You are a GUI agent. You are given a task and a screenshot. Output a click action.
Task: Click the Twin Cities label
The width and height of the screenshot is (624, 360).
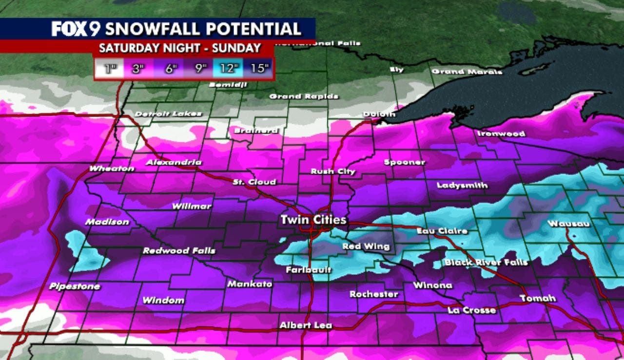pos(313,220)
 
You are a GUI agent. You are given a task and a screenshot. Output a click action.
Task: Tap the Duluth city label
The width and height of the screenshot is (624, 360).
pos(379,114)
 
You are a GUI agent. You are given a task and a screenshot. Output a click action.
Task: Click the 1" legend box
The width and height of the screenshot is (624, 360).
pos(111,68)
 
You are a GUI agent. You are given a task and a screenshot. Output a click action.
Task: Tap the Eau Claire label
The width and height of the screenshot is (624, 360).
pos(442,231)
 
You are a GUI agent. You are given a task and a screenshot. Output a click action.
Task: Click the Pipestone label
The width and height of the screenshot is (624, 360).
pos(75,286)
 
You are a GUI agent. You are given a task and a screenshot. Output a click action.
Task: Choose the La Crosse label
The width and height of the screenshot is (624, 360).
pos(472,310)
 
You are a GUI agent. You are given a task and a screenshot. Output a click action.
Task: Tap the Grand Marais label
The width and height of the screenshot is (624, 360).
pos(467,72)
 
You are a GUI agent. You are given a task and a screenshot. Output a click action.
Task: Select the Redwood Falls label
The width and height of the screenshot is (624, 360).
pos(178,251)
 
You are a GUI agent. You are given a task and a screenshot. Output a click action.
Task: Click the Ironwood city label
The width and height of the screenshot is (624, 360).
pos(501,133)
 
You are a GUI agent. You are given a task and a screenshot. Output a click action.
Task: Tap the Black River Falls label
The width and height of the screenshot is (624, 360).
pos(486,263)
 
